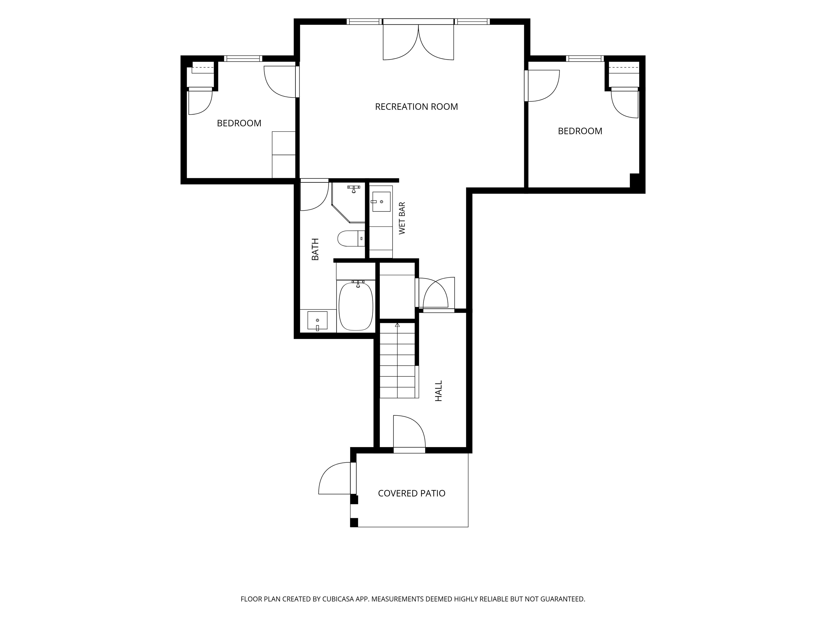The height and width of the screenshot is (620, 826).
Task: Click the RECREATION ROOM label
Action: [x=416, y=107]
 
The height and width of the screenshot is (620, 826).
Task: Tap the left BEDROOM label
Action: [x=239, y=123]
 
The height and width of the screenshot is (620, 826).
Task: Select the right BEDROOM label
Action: [x=580, y=131]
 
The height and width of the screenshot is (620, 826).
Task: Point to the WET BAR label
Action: [x=402, y=218]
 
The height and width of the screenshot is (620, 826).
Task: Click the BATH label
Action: [x=315, y=249]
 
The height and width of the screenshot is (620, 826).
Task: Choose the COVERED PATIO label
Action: [x=411, y=493]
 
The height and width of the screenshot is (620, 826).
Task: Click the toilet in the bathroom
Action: [x=351, y=238]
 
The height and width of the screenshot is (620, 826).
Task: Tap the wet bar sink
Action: [x=381, y=202]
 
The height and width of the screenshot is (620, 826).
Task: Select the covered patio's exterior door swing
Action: [x=335, y=478]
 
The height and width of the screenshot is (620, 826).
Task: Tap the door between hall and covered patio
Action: [x=409, y=433]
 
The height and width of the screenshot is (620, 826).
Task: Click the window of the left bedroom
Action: [x=243, y=59]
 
